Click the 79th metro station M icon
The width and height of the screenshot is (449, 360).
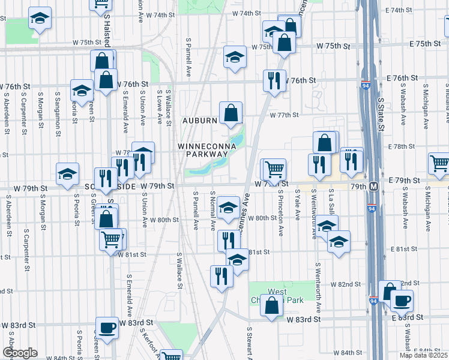coord(373,186)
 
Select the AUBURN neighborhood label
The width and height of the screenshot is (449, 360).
coord(200,121)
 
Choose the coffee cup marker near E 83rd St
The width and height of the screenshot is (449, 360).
coord(402,300)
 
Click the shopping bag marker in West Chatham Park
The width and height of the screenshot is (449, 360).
coord(272,305)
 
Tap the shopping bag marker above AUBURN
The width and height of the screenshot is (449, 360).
coord(231,113)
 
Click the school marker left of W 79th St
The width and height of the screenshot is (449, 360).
coord(67,174)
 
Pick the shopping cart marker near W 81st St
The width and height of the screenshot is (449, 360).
coord(111,240)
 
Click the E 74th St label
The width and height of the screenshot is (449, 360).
coord(403,10)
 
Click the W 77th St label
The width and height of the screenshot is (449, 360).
coord(284,115)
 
